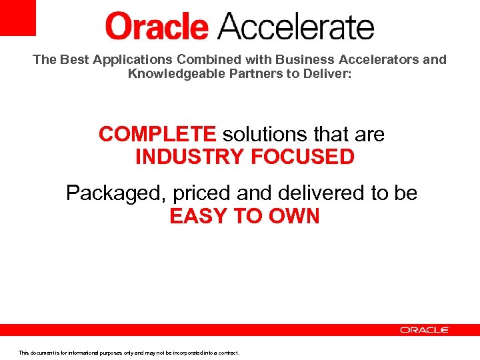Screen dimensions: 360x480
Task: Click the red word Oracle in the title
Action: (x=157, y=27)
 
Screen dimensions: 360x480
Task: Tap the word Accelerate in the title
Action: (x=296, y=27)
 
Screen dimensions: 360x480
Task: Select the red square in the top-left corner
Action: (x=17, y=17)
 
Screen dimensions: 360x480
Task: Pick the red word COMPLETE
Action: (x=157, y=134)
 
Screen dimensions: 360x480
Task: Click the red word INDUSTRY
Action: (x=189, y=157)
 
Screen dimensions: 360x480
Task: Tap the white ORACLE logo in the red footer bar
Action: (x=425, y=330)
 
